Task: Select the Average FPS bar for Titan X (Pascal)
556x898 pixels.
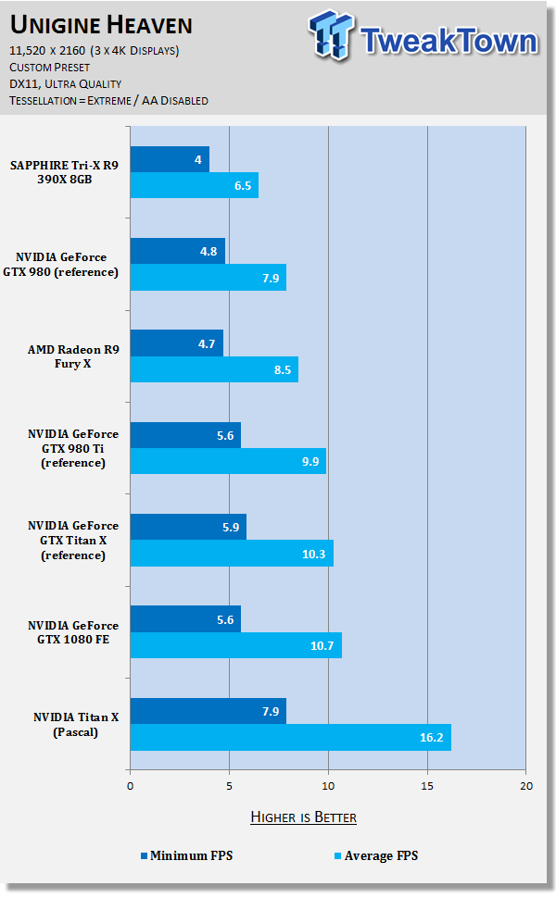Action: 290,738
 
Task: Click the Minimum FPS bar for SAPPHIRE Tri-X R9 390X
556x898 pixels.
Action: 170,159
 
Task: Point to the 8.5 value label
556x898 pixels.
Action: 284,369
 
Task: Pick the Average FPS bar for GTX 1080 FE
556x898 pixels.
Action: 235,645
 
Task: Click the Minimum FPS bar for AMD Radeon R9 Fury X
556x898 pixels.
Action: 176,343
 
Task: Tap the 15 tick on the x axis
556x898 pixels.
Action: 427,786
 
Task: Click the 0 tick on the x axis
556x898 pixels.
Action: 131,786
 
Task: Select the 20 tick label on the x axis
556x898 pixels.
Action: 525,786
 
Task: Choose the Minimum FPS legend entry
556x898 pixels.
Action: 186,855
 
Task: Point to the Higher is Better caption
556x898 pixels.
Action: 303,817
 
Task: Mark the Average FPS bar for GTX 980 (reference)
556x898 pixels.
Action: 208,277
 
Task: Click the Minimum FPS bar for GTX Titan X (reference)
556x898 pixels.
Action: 188,528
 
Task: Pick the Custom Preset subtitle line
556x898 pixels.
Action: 52,68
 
